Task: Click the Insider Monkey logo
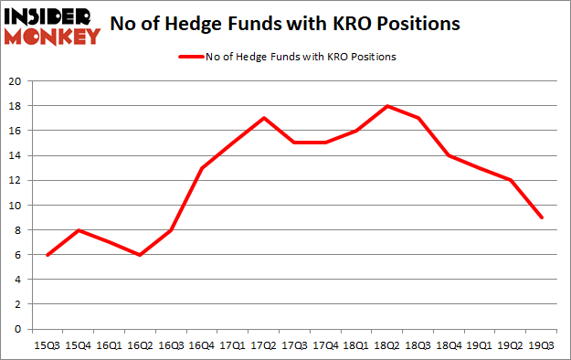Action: point(52,25)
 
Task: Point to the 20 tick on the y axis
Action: point(16,80)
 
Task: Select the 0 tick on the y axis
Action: point(18,329)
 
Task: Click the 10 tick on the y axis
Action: point(16,205)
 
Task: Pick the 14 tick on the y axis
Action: point(16,155)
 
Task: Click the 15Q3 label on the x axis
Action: point(48,346)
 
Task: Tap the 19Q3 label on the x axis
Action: point(543,346)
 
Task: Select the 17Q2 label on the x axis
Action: point(264,346)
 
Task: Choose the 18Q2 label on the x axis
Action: point(388,346)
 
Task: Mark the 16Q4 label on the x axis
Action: point(202,346)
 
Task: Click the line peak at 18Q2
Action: point(388,106)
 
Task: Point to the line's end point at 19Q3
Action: point(543,217)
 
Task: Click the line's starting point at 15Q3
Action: point(48,255)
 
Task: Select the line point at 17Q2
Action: point(264,118)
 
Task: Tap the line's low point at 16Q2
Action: point(141,255)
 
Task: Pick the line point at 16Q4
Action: point(202,168)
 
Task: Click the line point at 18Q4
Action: point(449,155)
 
